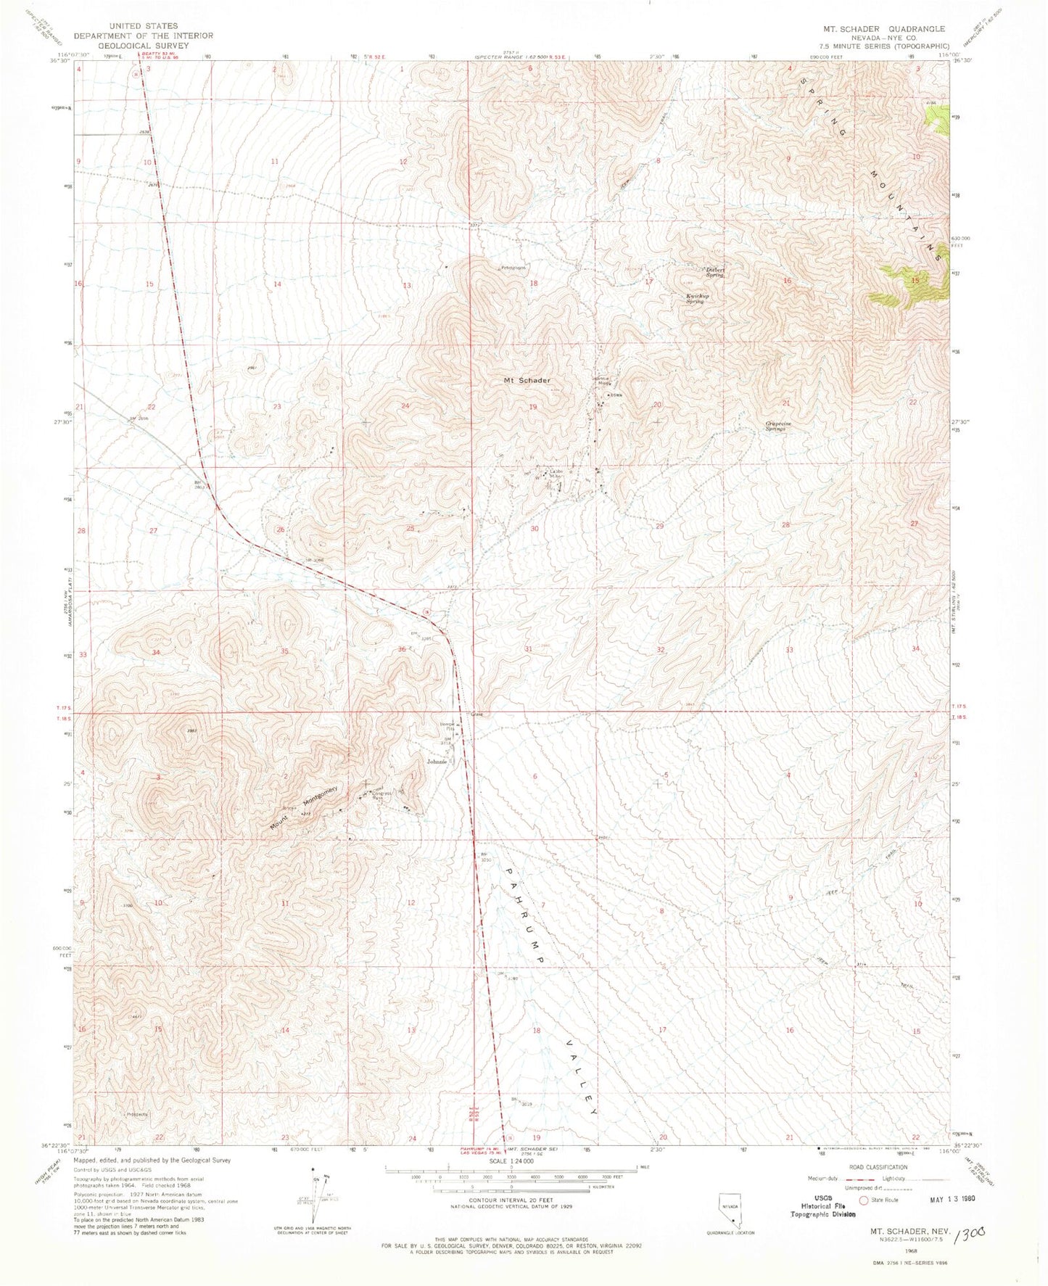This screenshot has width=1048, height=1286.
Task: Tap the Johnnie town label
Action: pyautogui.click(x=437, y=762)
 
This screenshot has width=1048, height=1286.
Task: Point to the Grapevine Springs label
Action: pyautogui.click(x=776, y=427)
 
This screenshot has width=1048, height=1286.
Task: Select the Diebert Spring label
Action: pyautogui.click(x=714, y=272)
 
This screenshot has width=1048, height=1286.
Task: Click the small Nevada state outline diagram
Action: pyautogui.click(x=730, y=1210)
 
